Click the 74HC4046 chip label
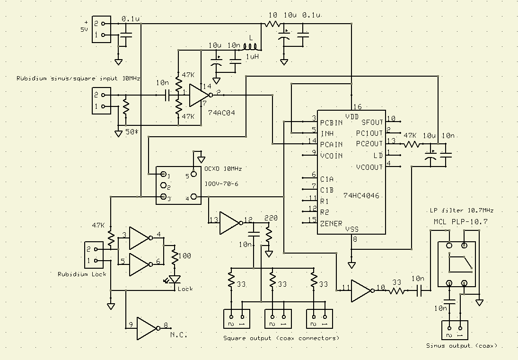click(361, 195)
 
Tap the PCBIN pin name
click(332, 123)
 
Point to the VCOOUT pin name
click(369, 167)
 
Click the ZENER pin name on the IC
click(331, 223)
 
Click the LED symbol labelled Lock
click(175, 280)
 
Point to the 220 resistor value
click(271, 219)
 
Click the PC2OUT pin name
click(369, 143)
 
